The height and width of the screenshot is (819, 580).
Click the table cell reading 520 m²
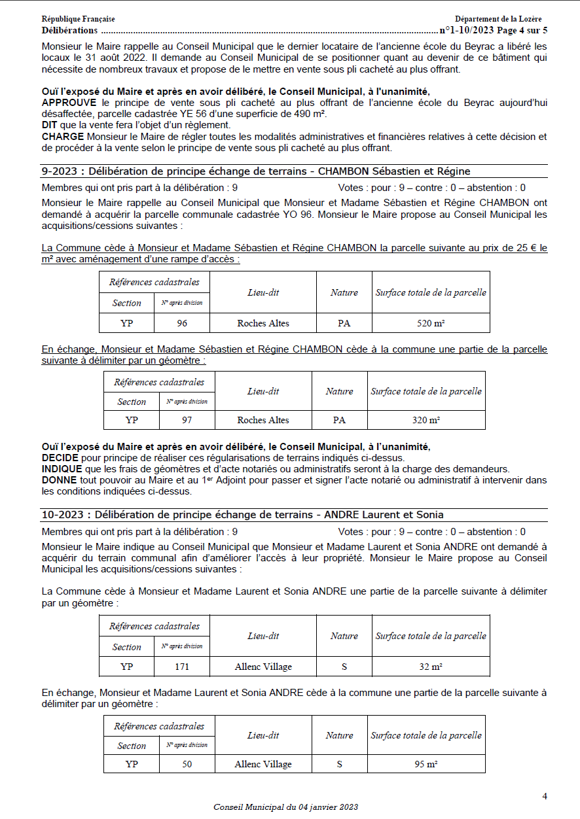pyautogui.click(x=431, y=323)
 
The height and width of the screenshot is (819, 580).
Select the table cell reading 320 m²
pyautogui.click(x=426, y=420)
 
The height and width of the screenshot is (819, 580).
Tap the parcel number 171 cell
pyautogui.click(x=182, y=667)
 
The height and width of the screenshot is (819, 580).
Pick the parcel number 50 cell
pyautogui.click(x=187, y=763)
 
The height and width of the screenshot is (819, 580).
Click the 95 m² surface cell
pyautogui.click(x=426, y=763)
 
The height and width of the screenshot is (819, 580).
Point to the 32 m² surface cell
pyautogui.click(x=431, y=667)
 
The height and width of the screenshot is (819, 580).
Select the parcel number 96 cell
pyautogui.click(x=182, y=323)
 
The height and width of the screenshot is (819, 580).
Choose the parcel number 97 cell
pyautogui.click(x=187, y=420)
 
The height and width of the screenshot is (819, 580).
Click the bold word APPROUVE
pyautogui.click(x=67, y=103)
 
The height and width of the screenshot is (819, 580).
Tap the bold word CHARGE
pyautogui.click(x=63, y=137)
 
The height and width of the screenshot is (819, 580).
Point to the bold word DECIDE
pyautogui.click(x=60, y=457)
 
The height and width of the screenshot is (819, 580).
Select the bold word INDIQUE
pyautogui.click(x=62, y=469)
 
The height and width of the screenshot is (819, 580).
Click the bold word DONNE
pyautogui.click(x=60, y=480)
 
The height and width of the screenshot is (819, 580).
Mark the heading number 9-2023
pyautogui.click(x=62, y=171)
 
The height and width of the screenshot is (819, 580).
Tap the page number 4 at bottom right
pyautogui.click(x=544, y=796)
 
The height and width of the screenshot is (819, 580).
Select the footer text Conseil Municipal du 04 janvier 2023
pyautogui.click(x=285, y=807)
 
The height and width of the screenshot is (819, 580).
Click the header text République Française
pyautogui.click(x=78, y=20)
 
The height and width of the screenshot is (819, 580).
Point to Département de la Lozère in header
pyautogui.click(x=498, y=20)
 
